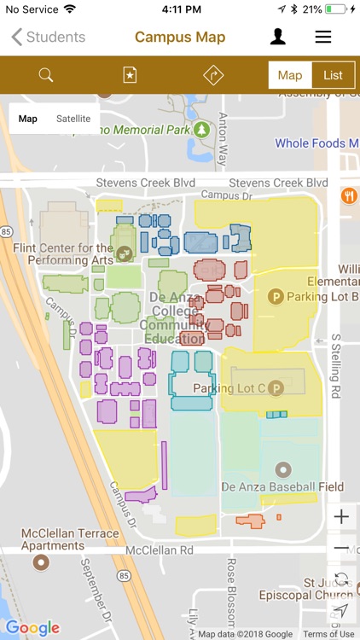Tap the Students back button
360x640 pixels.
(x=49, y=38)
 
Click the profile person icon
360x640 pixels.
(x=278, y=37)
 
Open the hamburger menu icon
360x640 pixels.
(x=323, y=38)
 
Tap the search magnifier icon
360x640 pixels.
(x=46, y=75)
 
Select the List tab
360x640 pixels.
(x=333, y=75)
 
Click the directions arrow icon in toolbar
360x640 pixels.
(x=212, y=75)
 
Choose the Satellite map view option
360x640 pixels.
(x=73, y=119)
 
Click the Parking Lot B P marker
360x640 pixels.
(x=276, y=296)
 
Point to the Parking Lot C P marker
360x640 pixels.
(x=276, y=388)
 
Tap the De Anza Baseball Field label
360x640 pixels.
(x=282, y=487)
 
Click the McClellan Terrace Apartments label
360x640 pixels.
(x=70, y=539)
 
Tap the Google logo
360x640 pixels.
(x=32, y=628)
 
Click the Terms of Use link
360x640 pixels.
(x=328, y=634)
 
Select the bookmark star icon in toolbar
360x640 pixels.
(x=129, y=75)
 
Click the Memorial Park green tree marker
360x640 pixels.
(x=202, y=130)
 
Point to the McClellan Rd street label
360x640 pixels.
(x=160, y=551)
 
